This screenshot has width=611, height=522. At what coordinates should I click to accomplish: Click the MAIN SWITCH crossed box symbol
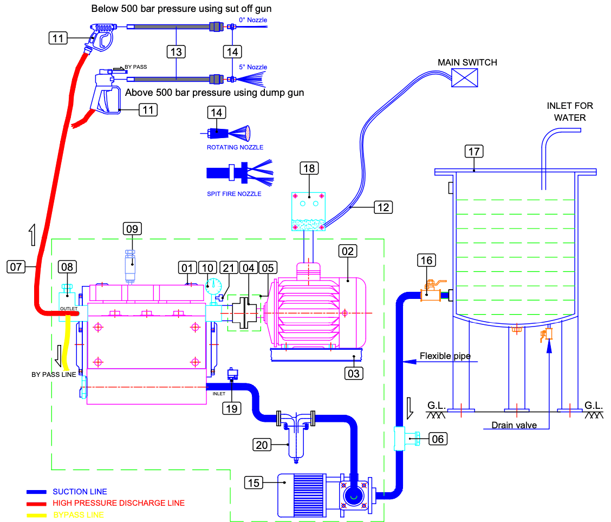coord(465,77)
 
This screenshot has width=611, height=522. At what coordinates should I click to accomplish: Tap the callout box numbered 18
coord(309,168)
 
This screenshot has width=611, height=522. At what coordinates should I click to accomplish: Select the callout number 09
coord(132,229)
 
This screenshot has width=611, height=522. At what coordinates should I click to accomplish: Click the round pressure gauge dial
coord(213,286)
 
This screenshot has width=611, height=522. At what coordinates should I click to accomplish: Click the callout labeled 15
coord(253,483)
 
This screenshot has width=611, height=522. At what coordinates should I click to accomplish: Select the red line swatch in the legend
coord(36,504)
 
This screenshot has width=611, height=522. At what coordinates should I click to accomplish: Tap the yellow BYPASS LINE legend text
coord(79,515)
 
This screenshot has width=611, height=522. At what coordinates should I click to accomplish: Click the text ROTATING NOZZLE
coord(235,147)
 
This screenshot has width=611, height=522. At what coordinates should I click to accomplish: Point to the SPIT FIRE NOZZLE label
coord(234,194)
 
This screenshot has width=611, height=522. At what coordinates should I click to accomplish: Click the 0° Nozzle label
coord(253,20)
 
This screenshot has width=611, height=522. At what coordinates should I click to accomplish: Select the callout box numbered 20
coord(262,445)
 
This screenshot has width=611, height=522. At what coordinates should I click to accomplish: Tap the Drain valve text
coord(514,425)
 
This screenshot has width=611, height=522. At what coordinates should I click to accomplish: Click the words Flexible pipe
coord(445,356)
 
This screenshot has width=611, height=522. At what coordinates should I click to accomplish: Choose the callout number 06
coord(438,439)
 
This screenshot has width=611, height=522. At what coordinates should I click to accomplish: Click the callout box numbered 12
coord(383,207)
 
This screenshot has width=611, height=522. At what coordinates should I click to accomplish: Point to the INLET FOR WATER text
coord(570,112)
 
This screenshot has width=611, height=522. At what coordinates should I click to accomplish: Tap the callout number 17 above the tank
coord(474,151)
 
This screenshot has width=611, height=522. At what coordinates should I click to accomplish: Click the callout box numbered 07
coord(16,267)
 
